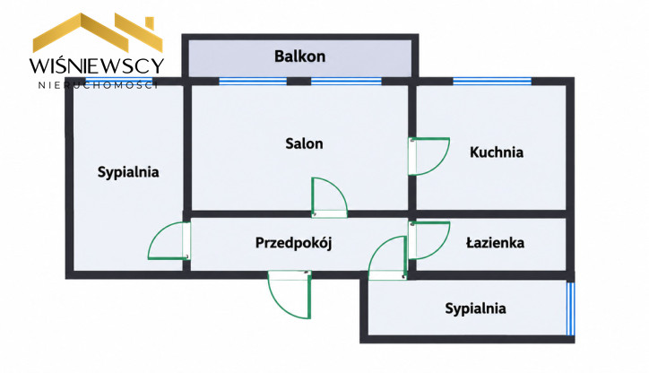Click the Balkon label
tap(299, 56)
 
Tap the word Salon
tap(304, 143)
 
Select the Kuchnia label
tap(497, 152)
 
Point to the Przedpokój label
tap(293, 243)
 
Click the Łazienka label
tap(495, 242)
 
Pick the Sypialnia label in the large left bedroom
tap(128, 172)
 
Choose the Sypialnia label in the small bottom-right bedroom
tap(475, 308)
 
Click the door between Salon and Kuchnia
tap(428, 156)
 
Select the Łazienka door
tap(428, 241)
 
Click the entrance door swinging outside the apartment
tap(290, 294)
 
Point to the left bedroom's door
tap(169, 241)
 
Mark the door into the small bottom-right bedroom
tap(387, 258)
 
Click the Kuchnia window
tap(492, 81)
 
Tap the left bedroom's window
tap(119, 81)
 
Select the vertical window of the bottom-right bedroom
tap(570, 308)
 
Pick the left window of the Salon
tap(253, 81)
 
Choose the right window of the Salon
tap(346, 81)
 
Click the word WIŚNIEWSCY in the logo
tap(97, 65)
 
